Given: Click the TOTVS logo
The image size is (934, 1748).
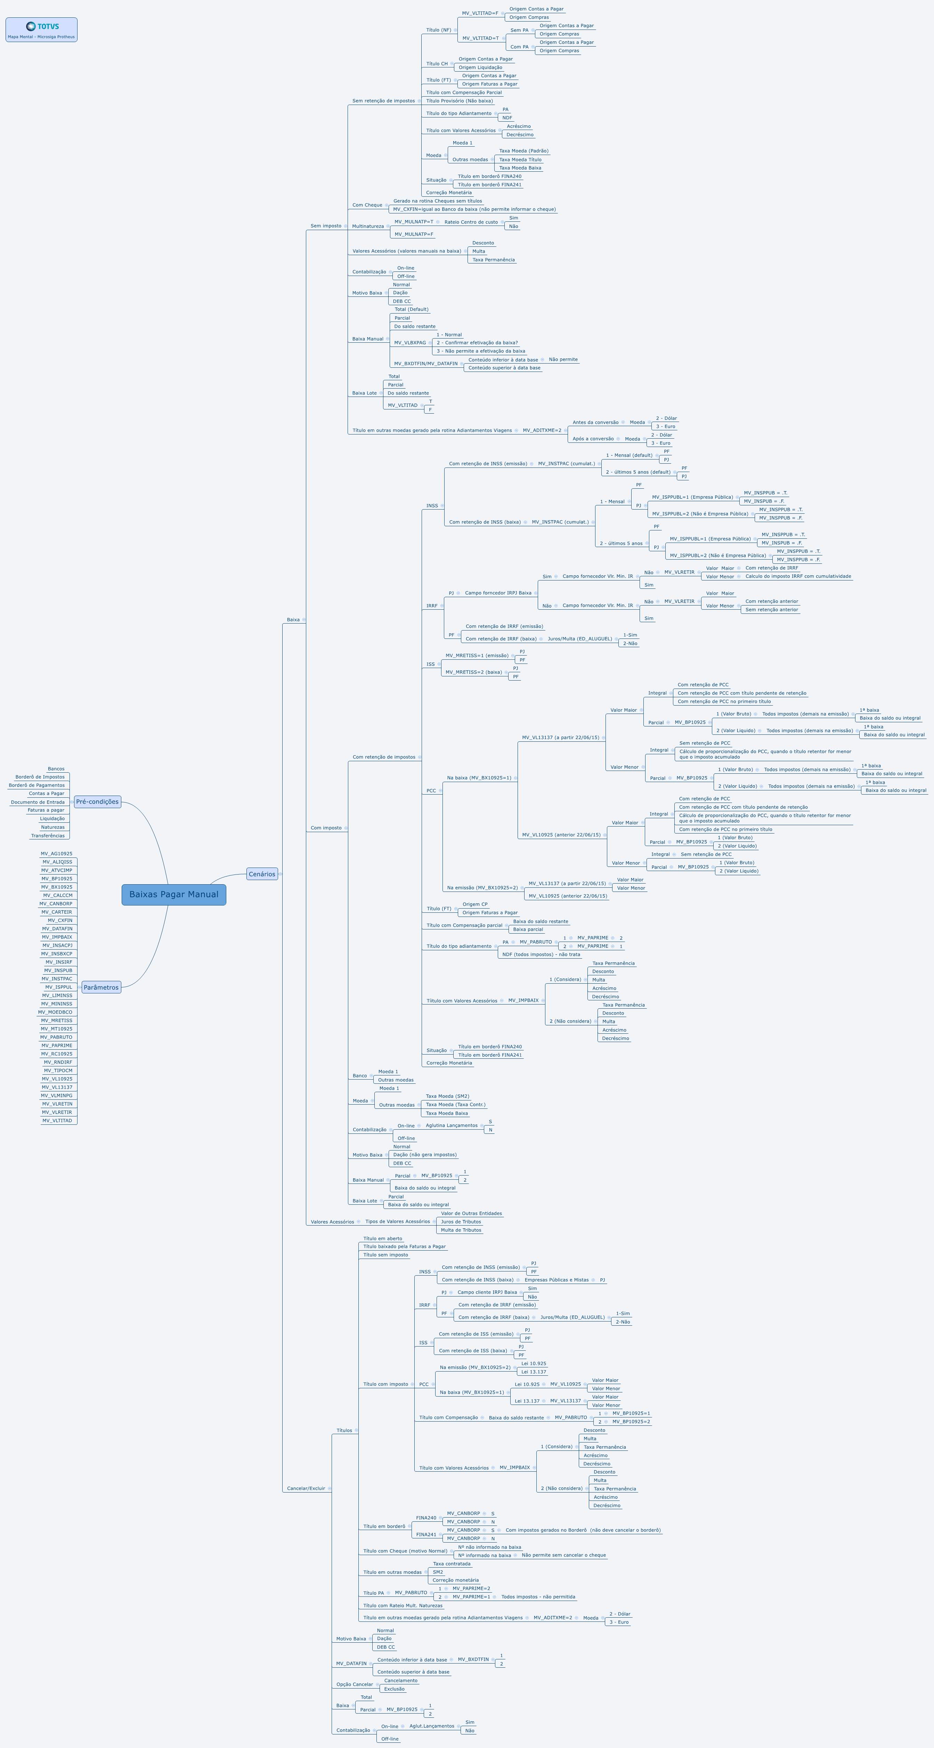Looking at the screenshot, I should click(41, 26).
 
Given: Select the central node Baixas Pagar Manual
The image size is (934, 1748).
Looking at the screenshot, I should click(174, 894).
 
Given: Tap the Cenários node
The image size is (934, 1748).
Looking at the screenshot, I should click(262, 874).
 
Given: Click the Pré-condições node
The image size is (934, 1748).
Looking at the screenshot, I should click(97, 802).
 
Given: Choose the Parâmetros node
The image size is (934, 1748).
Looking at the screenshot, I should click(101, 987).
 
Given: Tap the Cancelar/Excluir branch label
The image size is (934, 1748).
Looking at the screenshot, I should click(306, 1488).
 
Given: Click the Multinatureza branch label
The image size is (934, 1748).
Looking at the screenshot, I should click(368, 226).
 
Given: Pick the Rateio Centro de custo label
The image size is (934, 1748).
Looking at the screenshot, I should click(471, 222).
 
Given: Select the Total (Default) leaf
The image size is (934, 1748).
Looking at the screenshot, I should click(411, 309).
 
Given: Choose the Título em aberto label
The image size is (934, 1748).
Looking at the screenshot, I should click(383, 1238).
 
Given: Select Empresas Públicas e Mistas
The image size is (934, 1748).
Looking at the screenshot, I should click(557, 1280).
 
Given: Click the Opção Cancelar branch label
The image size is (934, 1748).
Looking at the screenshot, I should click(354, 1684).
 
